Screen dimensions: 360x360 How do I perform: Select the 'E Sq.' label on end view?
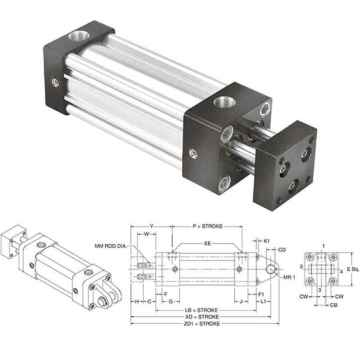tap(352, 269)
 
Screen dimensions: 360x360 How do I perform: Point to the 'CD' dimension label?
tap(282, 250)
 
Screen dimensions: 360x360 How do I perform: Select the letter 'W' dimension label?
tap(146, 234)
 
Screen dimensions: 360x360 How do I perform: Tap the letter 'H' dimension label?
tap(136, 301)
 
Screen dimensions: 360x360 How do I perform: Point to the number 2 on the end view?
tap(302, 267)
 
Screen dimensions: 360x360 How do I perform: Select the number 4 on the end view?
tap(341, 271)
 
